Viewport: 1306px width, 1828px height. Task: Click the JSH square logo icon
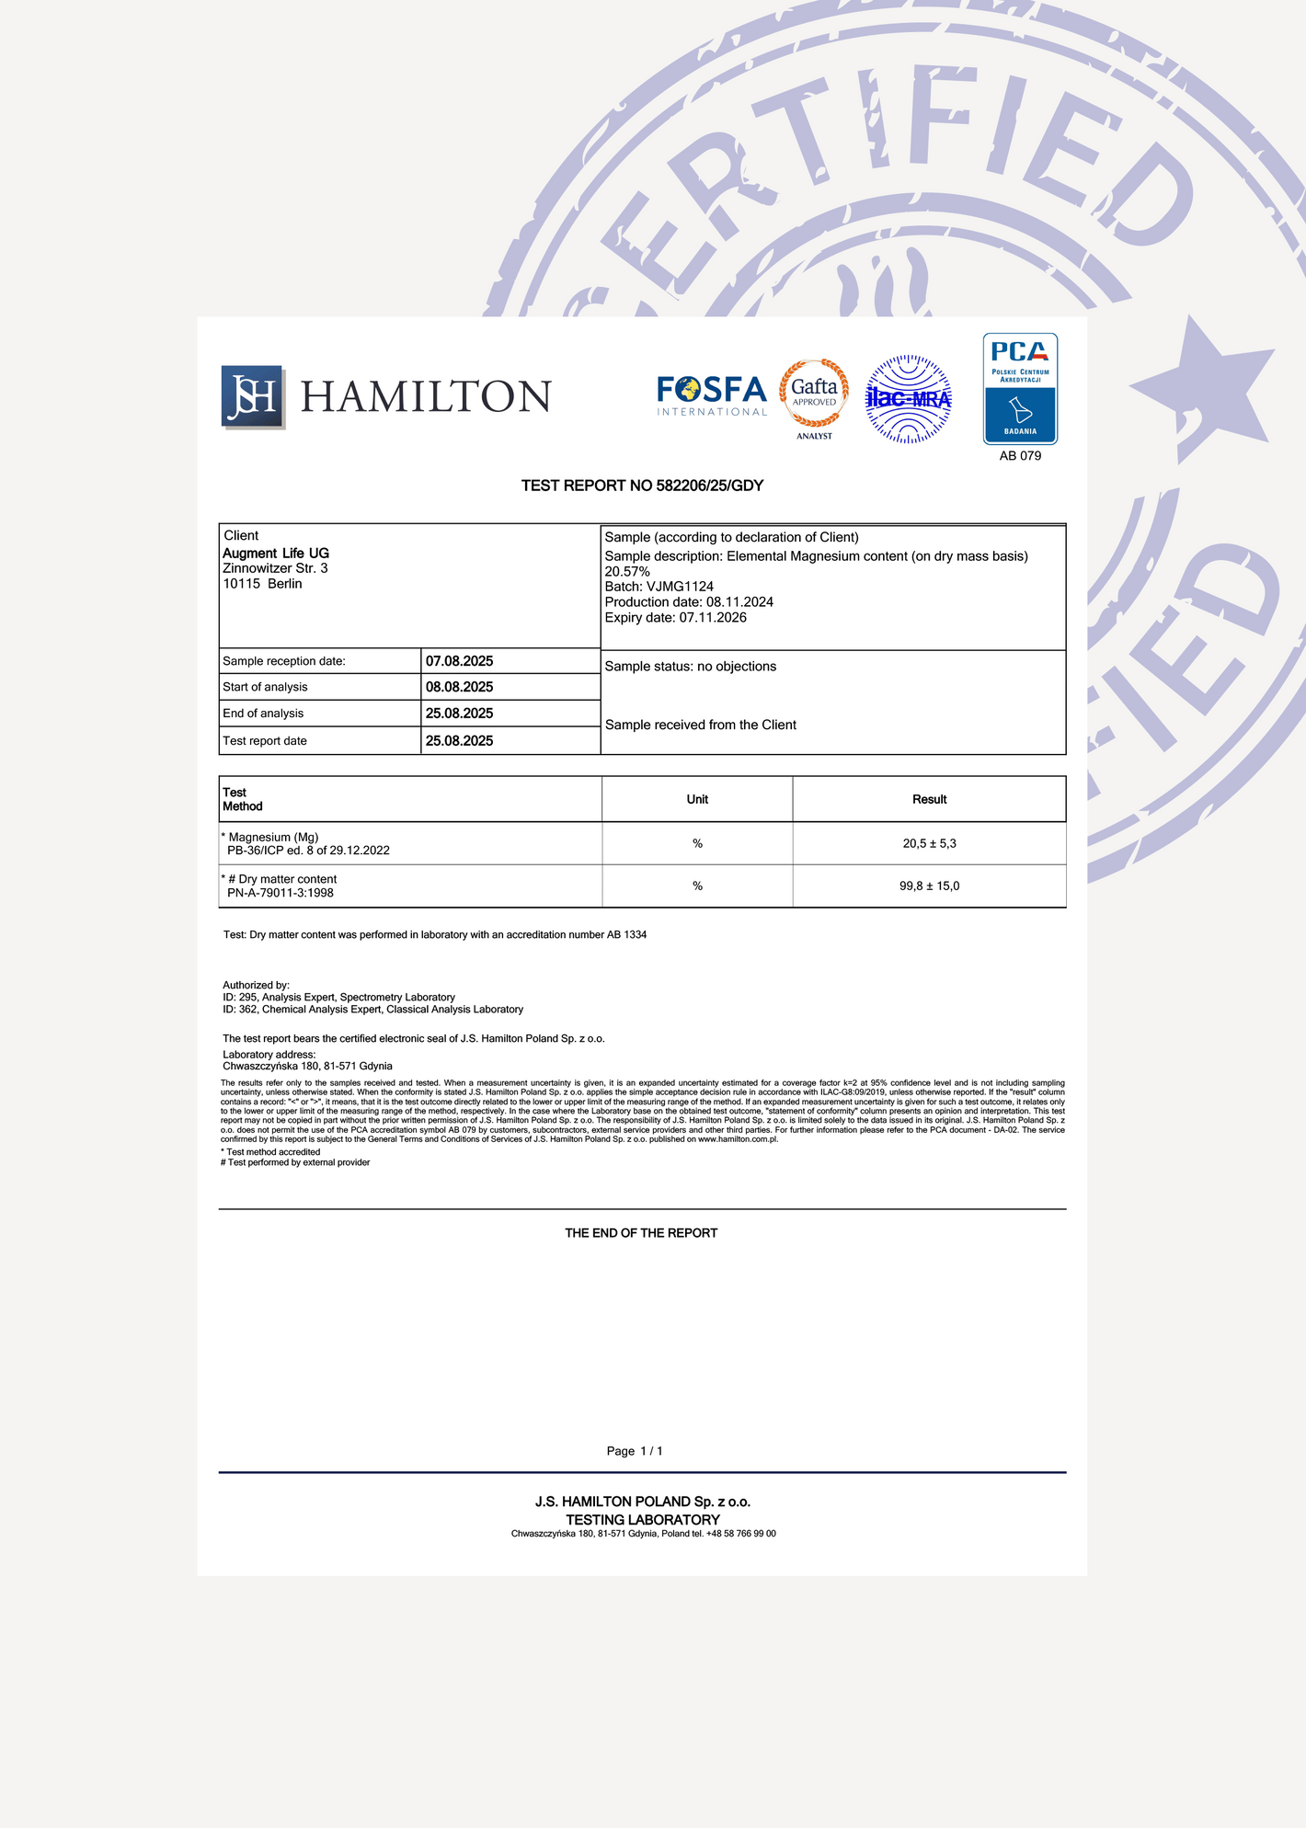tap(252, 396)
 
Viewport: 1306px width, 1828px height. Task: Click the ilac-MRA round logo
tap(909, 399)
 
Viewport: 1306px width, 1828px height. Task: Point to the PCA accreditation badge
tap(1020, 389)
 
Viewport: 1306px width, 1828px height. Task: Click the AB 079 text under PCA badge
tap(1020, 456)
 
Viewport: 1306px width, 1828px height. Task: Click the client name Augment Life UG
tap(276, 553)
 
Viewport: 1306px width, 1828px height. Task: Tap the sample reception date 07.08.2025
tap(459, 661)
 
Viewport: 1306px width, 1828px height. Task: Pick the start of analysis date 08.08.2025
tap(459, 687)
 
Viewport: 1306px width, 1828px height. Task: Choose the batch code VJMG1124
tap(680, 587)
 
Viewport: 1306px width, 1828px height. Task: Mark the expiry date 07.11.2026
tap(713, 617)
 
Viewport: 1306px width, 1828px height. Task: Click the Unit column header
tap(697, 799)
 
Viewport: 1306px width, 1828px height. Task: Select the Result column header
tap(929, 799)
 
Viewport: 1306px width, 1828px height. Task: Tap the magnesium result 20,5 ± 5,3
tap(929, 843)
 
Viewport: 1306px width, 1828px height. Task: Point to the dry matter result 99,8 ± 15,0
tap(929, 885)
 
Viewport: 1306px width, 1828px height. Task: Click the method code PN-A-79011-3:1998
tap(281, 893)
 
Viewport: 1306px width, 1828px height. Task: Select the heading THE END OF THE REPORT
tap(641, 1233)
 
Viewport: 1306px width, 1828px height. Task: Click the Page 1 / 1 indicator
tap(635, 1451)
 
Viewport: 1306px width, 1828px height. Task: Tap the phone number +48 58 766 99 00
tap(741, 1534)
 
